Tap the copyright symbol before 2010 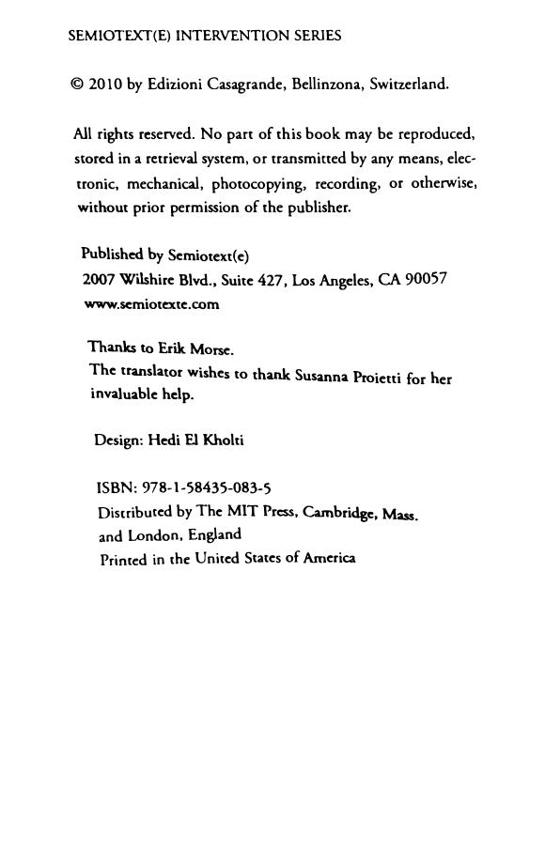(x=77, y=85)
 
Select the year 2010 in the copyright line (x=104, y=85)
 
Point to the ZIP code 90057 (x=426, y=279)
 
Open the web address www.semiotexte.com (x=151, y=304)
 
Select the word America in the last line (x=329, y=558)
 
